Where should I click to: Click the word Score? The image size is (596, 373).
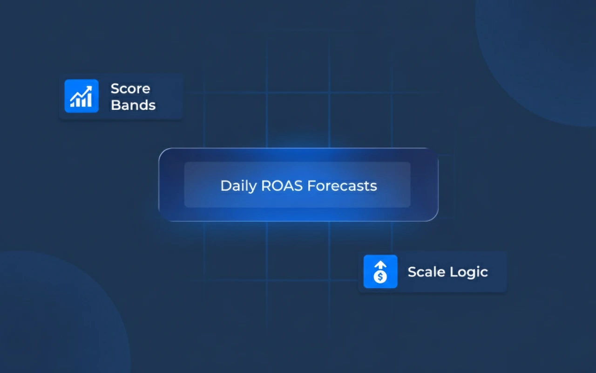coord(130,89)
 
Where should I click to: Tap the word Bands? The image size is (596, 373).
coord(133,105)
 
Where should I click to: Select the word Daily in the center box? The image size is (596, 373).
coord(238,186)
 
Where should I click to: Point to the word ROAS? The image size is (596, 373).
coord(278,186)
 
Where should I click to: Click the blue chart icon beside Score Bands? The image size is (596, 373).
coord(81,96)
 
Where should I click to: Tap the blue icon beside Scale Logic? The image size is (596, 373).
coord(380,271)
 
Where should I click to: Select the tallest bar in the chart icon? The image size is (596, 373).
coord(89,99)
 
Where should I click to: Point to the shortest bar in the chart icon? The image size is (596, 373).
coord(72,104)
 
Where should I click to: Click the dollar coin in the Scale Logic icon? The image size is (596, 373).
coord(380,277)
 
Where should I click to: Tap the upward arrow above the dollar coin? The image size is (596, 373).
coord(380,265)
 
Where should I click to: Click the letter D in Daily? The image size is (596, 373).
coord(225,186)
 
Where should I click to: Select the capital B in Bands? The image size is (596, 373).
coord(115,105)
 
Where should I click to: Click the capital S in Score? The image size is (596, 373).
coord(115,89)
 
